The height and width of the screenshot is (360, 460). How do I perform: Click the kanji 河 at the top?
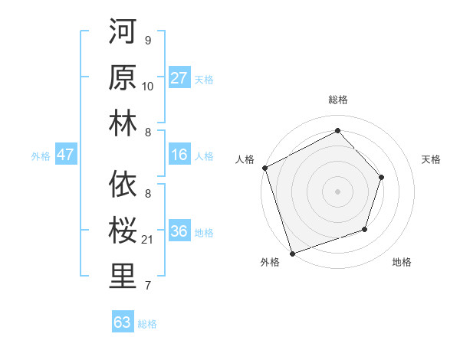coord(122,33)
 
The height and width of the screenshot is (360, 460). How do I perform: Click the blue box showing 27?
coord(179,78)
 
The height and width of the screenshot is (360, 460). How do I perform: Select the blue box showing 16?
coord(179,155)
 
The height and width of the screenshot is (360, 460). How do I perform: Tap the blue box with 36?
coord(179,231)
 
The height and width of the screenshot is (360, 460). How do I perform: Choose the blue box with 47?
coord(65,155)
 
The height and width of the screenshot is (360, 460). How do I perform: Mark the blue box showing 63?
coord(122,322)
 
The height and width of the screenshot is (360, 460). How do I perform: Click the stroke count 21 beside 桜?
coord(148,241)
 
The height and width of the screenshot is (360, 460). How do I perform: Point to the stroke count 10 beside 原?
coord(148,87)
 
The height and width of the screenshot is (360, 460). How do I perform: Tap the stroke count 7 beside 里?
coord(148,286)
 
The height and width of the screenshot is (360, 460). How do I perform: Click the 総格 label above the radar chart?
coord(337,100)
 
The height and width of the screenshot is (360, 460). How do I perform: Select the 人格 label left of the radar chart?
coord(245,159)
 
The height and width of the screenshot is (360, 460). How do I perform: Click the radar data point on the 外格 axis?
coord(292,252)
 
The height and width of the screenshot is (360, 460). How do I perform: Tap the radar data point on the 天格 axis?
coord(381,177)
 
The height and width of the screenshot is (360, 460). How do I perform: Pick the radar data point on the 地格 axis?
coord(365,228)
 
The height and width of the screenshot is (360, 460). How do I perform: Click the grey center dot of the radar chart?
coord(337,191)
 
